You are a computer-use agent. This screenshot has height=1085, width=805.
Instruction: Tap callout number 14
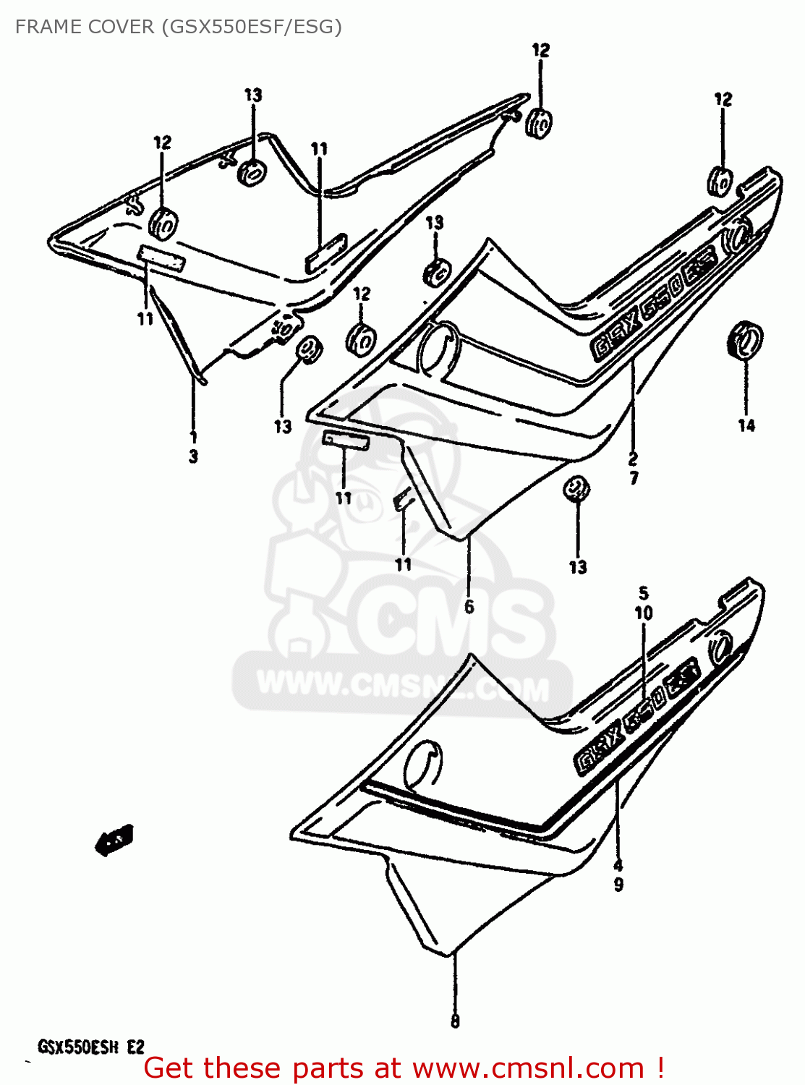(x=746, y=425)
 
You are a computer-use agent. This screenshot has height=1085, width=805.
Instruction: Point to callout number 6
(x=469, y=606)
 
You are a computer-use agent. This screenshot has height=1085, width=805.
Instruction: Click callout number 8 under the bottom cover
(x=455, y=1021)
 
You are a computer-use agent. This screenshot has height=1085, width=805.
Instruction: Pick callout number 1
(x=193, y=436)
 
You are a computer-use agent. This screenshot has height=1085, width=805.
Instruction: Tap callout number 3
(x=193, y=456)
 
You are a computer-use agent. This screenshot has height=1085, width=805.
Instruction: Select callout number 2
(x=633, y=458)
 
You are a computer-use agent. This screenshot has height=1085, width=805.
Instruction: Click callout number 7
(x=634, y=477)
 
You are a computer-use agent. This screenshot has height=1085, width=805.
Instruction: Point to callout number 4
(x=618, y=865)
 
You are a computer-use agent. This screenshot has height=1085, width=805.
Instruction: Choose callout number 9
(x=618, y=884)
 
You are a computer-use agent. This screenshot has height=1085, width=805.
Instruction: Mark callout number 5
(x=644, y=594)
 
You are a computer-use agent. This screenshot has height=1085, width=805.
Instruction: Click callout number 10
(x=644, y=613)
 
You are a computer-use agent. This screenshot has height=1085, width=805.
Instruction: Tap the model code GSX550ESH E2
(x=91, y=1047)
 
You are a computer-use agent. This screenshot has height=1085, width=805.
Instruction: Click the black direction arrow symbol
(x=114, y=840)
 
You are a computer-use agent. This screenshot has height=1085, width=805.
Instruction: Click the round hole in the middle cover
(x=438, y=346)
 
